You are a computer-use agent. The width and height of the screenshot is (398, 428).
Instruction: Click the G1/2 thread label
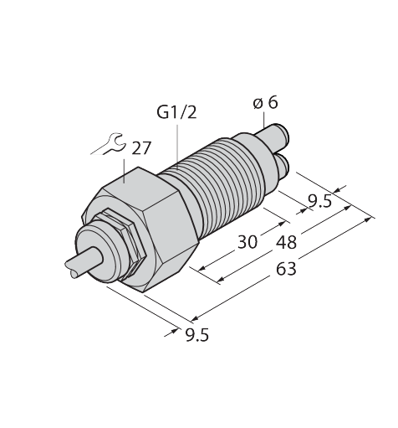[176, 113]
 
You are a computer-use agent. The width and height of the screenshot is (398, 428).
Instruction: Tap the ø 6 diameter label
[266, 103]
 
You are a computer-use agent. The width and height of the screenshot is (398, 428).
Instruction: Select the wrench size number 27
[141, 148]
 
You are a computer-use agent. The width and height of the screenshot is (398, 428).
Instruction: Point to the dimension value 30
[247, 242]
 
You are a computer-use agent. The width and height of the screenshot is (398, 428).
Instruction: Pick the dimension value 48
[286, 242]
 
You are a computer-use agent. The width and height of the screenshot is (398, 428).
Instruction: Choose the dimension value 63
[286, 269]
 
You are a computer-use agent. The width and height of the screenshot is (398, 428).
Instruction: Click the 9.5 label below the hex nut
[196, 335]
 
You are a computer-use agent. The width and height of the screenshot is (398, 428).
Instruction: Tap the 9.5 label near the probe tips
[320, 201]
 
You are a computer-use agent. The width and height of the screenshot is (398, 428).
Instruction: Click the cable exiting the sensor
[83, 263]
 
